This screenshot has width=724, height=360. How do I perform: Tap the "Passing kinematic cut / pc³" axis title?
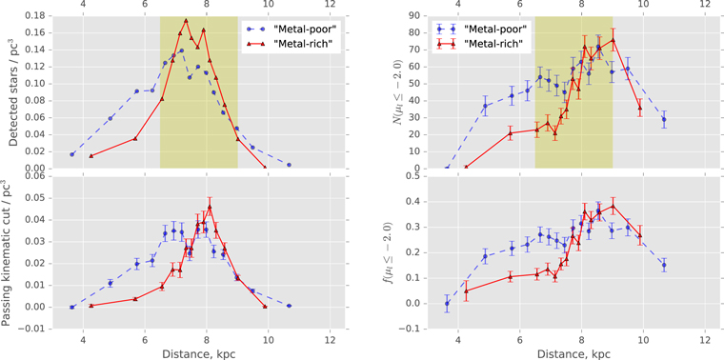(10, 252)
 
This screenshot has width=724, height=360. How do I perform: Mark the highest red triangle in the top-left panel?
(186, 21)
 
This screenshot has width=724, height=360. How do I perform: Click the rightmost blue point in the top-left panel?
(289, 165)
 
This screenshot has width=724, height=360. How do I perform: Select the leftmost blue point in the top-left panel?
(71, 154)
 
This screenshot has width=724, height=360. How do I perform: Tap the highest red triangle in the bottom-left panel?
(210, 207)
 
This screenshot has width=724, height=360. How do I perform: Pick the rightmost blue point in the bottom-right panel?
(664, 266)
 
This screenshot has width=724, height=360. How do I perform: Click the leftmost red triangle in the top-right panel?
(467, 167)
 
